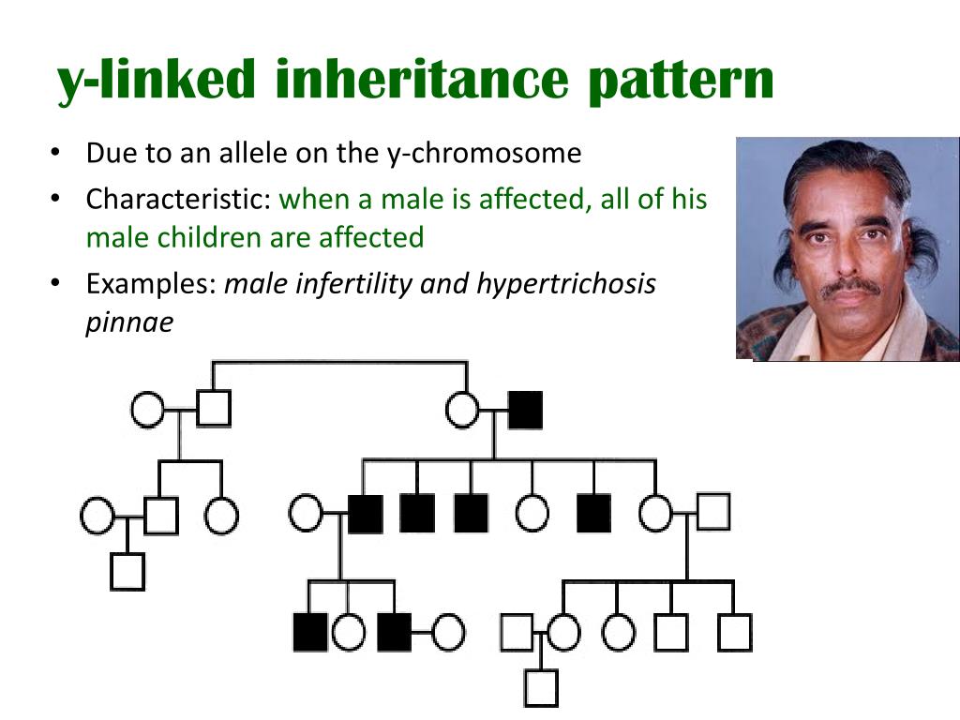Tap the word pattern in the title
pos(682,81)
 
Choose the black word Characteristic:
pos(179,200)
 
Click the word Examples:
pos(151,283)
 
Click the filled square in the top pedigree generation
pos(525,411)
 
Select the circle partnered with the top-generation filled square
pos(462,411)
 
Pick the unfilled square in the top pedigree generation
pos(214,409)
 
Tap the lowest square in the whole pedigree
pos(541,687)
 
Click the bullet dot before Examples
pos(56,283)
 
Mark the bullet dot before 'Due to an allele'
pos(56,153)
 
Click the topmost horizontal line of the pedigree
pos(339,362)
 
